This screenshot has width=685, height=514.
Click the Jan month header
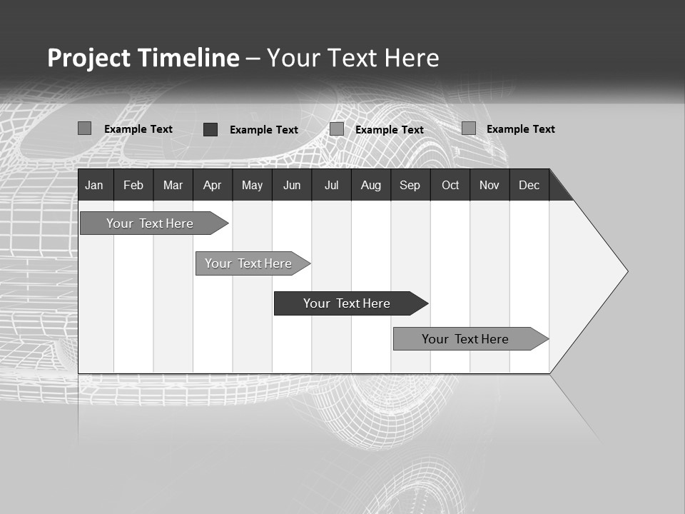(x=94, y=185)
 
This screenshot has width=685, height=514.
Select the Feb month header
(x=133, y=185)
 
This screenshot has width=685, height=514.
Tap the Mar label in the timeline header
(x=173, y=185)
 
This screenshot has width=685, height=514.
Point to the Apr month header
(x=212, y=185)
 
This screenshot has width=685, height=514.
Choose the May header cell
(x=252, y=185)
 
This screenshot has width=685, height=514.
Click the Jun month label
(x=292, y=185)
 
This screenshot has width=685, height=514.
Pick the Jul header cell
(x=331, y=185)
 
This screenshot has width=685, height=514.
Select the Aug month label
(x=371, y=185)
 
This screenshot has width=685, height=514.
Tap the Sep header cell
(x=410, y=185)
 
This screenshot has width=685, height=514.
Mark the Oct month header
(x=450, y=185)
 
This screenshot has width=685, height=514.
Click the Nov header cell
(x=489, y=185)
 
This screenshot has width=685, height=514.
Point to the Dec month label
(x=529, y=185)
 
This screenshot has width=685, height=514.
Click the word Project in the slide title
(x=88, y=58)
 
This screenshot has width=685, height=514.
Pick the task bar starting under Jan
(x=151, y=223)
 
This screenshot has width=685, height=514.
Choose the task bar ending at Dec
(x=466, y=339)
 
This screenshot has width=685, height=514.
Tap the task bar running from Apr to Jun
(x=249, y=263)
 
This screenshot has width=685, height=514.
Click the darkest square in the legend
(x=210, y=129)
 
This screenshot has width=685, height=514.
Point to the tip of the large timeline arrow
(x=626, y=271)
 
